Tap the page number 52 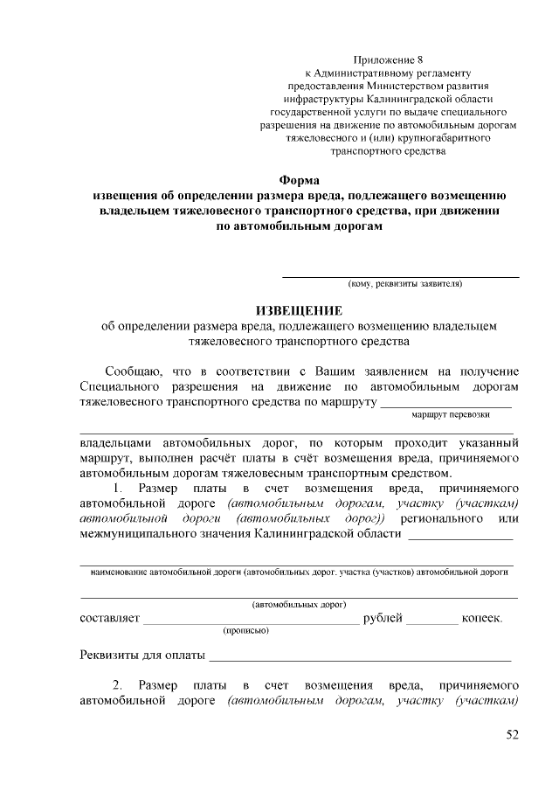pos(513,735)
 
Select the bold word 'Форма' pos(299,180)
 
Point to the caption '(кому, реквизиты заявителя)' pos(404,283)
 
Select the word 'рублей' pos(383,619)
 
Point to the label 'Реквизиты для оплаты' pos(142,656)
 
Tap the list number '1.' pos(121,487)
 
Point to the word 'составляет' pos(109,619)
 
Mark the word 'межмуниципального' pos(139,535)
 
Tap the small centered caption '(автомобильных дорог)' pos(299,604)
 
